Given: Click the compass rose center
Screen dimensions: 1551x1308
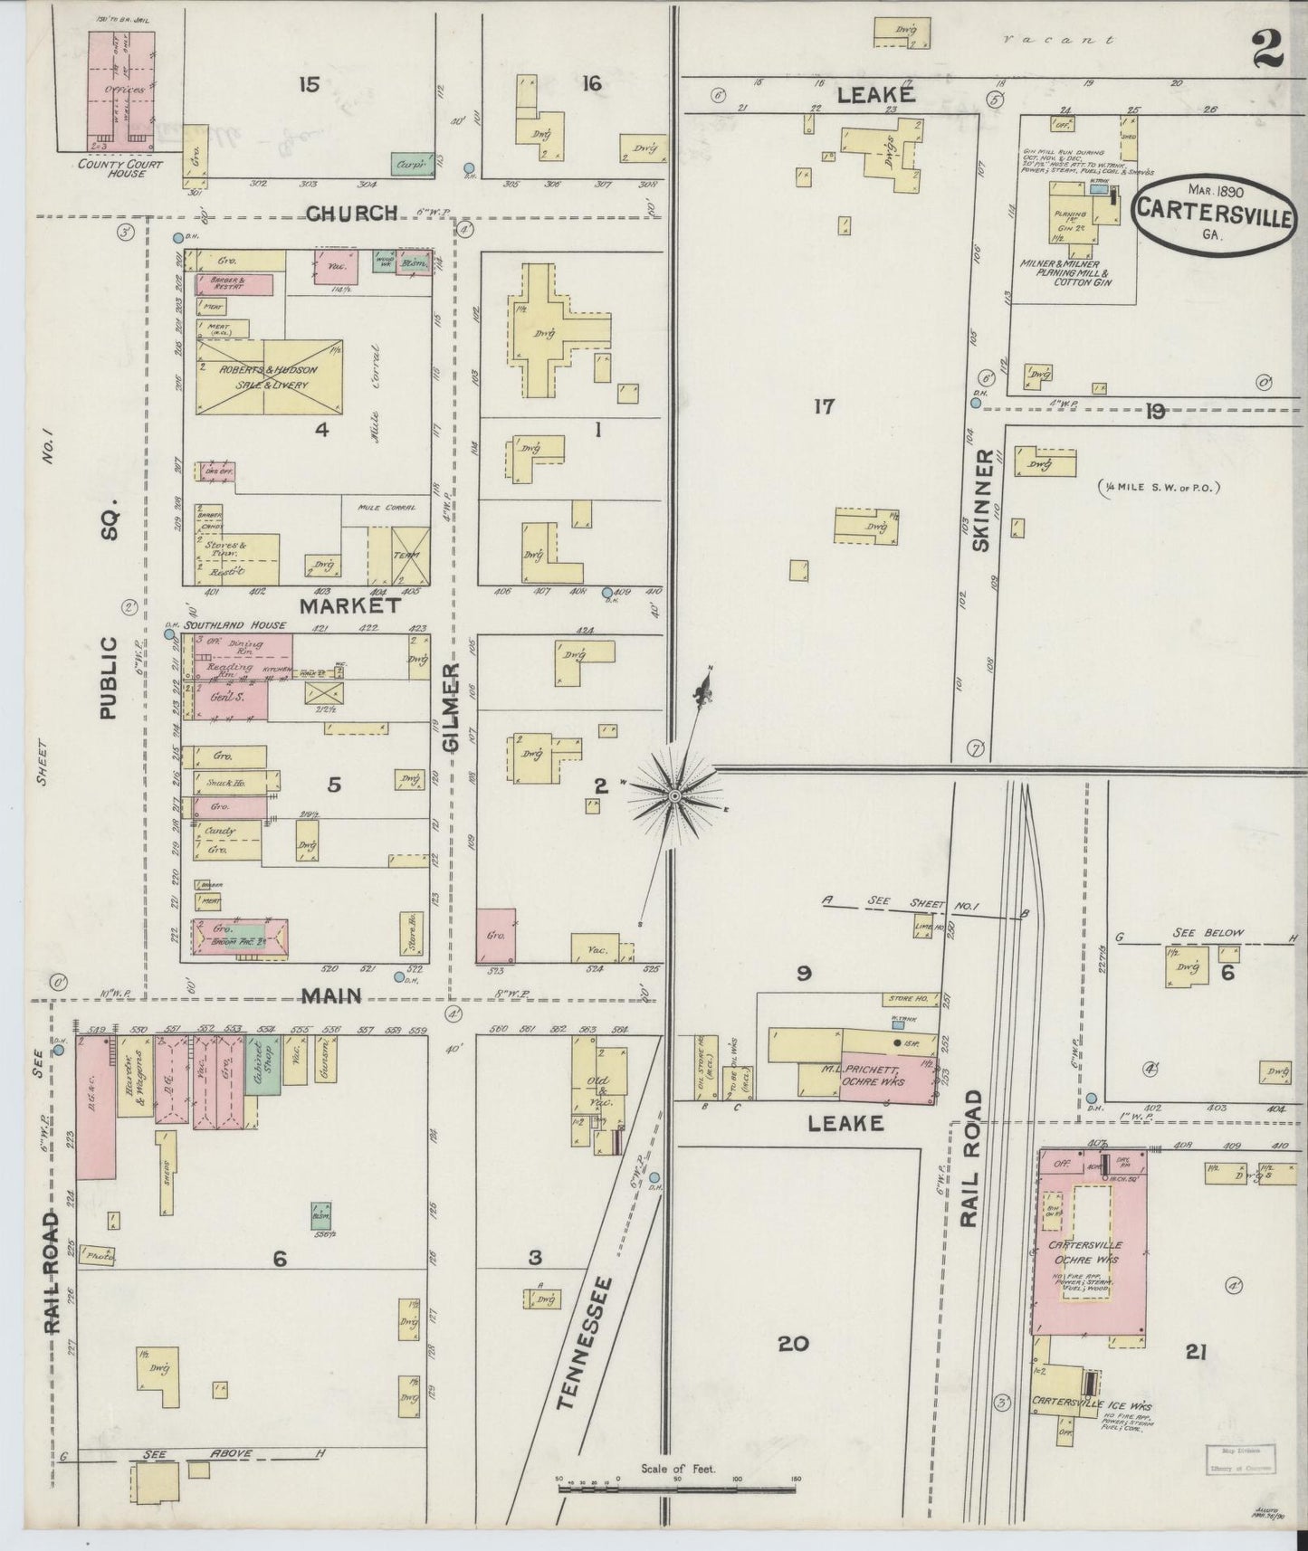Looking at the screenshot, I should [x=673, y=795].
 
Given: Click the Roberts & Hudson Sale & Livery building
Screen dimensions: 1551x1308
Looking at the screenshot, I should [x=270, y=377].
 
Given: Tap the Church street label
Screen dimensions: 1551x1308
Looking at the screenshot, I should [x=351, y=214].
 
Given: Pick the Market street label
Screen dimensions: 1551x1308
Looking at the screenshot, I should [x=350, y=604].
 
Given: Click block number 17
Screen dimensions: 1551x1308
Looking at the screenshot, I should [x=823, y=407].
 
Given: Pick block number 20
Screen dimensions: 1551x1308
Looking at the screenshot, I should [x=794, y=1344].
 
